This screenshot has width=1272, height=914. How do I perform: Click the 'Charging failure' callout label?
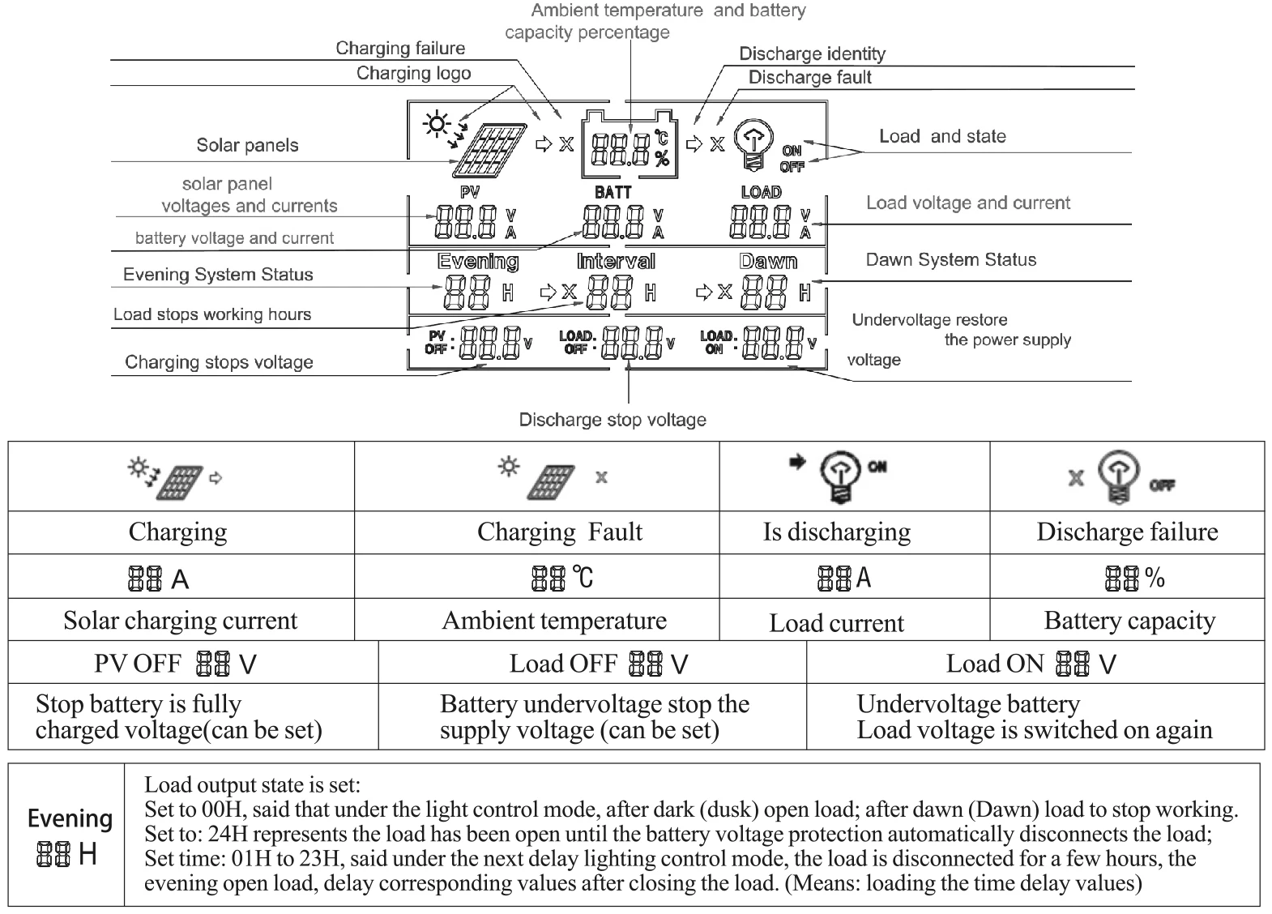pos(400,49)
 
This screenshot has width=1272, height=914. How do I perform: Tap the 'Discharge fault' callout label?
pos(809,78)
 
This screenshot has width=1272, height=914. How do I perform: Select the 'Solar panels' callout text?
pos(247,146)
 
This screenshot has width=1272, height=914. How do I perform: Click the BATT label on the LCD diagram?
pos(613,193)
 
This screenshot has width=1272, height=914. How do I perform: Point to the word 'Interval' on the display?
pos(616,262)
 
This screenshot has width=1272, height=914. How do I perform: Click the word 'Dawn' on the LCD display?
pos(768,262)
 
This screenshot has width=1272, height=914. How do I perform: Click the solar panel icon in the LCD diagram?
pos(489,150)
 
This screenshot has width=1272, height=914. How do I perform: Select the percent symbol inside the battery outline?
pos(662,158)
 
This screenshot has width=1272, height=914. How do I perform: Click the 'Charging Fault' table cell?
pos(559,532)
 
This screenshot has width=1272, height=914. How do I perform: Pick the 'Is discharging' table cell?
pos(836,532)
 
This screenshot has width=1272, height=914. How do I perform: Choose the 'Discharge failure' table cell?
pos(1127,532)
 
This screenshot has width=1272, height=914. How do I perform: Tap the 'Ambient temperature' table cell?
pos(554,621)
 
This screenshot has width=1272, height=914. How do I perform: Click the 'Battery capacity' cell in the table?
pos(1129,621)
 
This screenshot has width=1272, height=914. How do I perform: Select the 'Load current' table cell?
pos(836,623)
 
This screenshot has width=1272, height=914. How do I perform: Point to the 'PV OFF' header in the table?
pos(138,664)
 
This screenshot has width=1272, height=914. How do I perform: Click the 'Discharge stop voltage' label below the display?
pos(613,420)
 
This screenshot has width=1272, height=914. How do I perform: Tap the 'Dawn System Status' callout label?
pos(950,260)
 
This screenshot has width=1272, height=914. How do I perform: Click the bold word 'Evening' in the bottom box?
pos(70,818)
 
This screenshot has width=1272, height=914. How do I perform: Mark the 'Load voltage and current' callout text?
pos(967,203)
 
